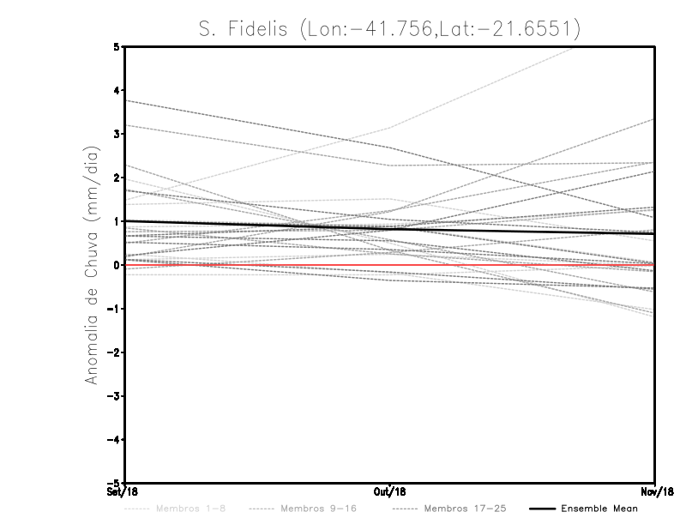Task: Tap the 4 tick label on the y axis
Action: [117, 90]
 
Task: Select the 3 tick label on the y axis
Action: [117, 134]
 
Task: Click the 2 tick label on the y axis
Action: [117, 178]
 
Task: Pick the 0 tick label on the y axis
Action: [117, 265]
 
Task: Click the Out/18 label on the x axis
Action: [390, 491]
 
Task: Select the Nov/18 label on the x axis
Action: [655, 491]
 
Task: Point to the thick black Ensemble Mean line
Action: [514, 231]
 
